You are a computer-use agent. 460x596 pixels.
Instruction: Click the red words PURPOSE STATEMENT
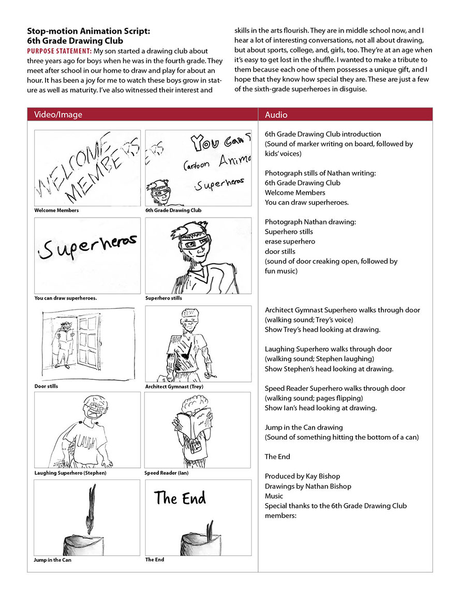(x=59, y=51)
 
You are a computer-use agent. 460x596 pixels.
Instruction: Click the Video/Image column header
(x=58, y=115)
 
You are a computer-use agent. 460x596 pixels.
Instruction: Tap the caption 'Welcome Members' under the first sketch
(x=56, y=210)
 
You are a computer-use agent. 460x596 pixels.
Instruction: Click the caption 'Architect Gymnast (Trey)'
(x=174, y=387)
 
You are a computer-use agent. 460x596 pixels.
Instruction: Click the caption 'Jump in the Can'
(x=53, y=560)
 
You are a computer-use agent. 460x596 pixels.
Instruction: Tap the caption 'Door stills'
(x=46, y=387)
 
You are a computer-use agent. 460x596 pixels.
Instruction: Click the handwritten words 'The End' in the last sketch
(x=180, y=498)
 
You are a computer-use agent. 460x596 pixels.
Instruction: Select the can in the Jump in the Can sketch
(x=86, y=542)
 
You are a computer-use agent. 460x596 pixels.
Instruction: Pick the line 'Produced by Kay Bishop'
(x=295, y=476)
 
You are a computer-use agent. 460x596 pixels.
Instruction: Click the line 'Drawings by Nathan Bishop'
(x=300, y=486)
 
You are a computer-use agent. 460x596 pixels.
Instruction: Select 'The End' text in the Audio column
(x=277, y=457)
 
